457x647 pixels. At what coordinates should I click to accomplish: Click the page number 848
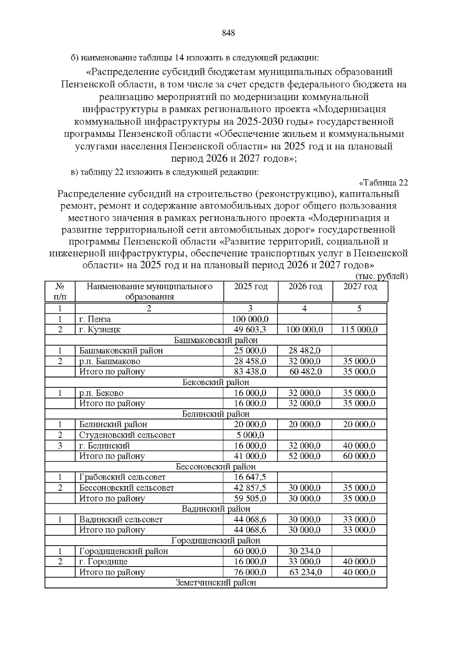coord(228,33)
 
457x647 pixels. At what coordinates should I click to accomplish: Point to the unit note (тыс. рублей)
coord(381,276)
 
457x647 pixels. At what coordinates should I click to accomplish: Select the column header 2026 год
coord(305,287)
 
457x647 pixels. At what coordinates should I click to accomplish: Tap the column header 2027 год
coord(360,287)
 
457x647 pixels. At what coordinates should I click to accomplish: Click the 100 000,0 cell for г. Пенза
coord(250,319)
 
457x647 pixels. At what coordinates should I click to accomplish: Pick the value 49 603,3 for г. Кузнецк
coord(250,329)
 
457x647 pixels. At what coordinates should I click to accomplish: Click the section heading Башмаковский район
coord(216,340)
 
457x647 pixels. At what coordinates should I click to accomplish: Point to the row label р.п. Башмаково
coord(110,361)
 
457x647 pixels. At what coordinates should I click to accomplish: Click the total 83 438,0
coord(250,372)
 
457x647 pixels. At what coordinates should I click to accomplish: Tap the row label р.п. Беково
coord(101,393)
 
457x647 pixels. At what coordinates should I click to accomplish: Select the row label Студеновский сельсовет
coord(127,435)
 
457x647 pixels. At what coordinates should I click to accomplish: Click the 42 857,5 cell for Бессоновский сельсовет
coord(250,488)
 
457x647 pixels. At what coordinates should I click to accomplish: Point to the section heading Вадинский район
coord(216,509)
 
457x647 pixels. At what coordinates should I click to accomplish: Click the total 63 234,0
coord(305,572)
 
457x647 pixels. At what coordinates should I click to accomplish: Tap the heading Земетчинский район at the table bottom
coord(216,583)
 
